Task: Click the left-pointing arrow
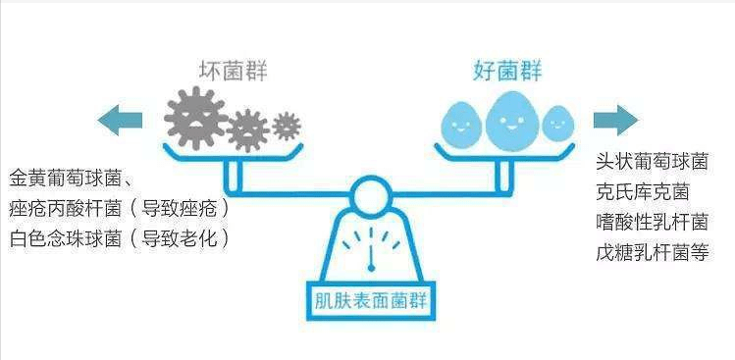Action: click(x=120, y=121)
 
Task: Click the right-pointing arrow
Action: click(x=615, y=121)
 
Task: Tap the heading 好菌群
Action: click(x=507, y=72)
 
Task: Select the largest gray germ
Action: click(x=195, y=118)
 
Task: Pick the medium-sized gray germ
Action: click(x=247, y=129)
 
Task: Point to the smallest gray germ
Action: click(x=286, y=127)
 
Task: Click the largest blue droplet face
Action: click(x=512, y=121)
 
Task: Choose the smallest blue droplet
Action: click(x=557, y=124)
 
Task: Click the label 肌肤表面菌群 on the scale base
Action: click(x=371, y=301)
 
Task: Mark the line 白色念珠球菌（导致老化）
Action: click(x=120, y=239)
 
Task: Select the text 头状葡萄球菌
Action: click(x=652, y=162)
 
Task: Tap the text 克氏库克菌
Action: click(x=642, y=192)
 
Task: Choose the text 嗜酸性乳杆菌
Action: click(x=652, y=223)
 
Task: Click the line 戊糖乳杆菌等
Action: click(x=652, y=253)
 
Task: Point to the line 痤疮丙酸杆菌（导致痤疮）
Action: click(x=120, y=209)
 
